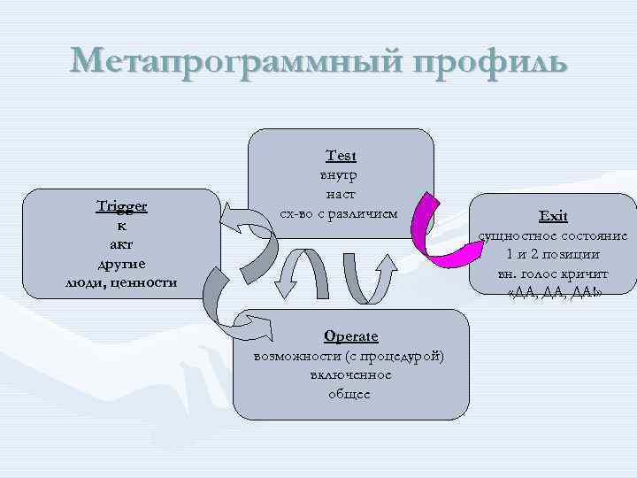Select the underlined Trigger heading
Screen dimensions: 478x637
point(121,206)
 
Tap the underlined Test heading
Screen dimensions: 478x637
point(341,156)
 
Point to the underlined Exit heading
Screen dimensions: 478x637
point(554,216)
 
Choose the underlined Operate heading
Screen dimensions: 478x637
point(350,336)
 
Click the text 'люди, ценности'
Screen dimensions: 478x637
point(121,282)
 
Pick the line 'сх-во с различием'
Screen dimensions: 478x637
point(340,213)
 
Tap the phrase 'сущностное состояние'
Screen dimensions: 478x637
point(554,236)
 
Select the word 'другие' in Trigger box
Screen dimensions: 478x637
point(121,263)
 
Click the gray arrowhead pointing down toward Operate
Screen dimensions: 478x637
point(286,289)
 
